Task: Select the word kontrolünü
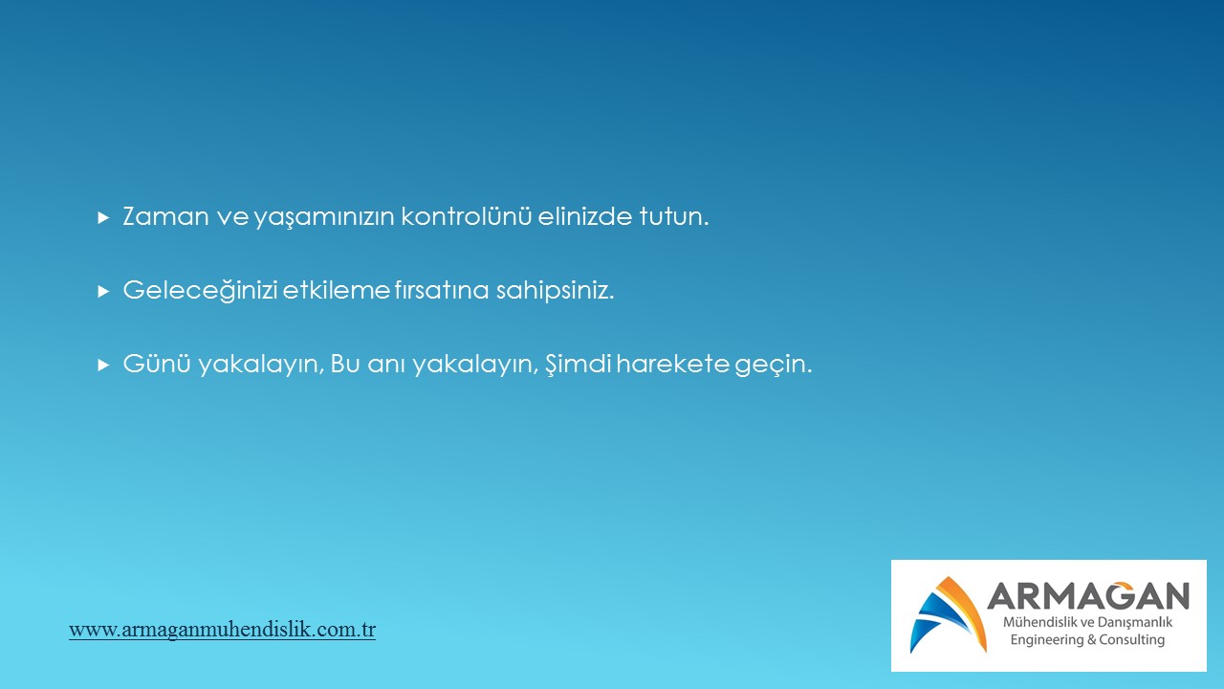[466, 215]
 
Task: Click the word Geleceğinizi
[201, 290]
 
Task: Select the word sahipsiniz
[556, 290]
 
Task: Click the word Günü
[157, 363]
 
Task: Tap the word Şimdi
[579, 364]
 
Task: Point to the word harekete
[672, 363]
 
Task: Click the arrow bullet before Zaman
[103, 218]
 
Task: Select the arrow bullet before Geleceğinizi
[103, 292]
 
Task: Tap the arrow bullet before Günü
[103, 365]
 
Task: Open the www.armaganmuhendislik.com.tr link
[223, 630]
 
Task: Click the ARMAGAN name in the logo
[1088, 595]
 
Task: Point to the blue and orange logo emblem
[948, 614]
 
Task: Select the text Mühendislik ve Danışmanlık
[1087, 622]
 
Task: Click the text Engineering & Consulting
[1087, 640]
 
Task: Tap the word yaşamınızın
[324, 217]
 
